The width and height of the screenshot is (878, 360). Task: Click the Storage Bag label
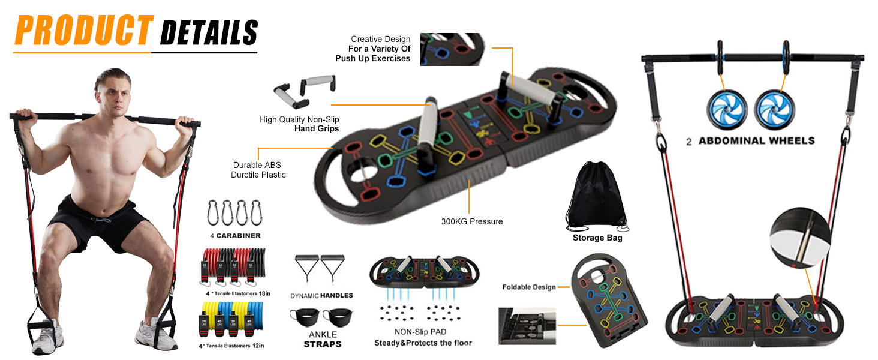(x=597, y=238)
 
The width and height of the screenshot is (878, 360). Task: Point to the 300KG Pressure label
(x=472, y=221)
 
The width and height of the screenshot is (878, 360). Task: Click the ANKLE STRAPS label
(x=323, y=340)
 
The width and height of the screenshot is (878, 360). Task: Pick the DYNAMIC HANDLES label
(x=321, y=295)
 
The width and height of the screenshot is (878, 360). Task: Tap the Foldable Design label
(x=529, y=287)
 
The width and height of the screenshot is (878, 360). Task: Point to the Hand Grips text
(x=316, y=128)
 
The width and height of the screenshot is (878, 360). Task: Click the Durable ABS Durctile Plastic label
(x=258, y=170)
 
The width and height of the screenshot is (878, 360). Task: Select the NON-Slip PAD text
(x=420, y=331)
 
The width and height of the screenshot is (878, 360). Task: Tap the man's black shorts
(x=100, y=223)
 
